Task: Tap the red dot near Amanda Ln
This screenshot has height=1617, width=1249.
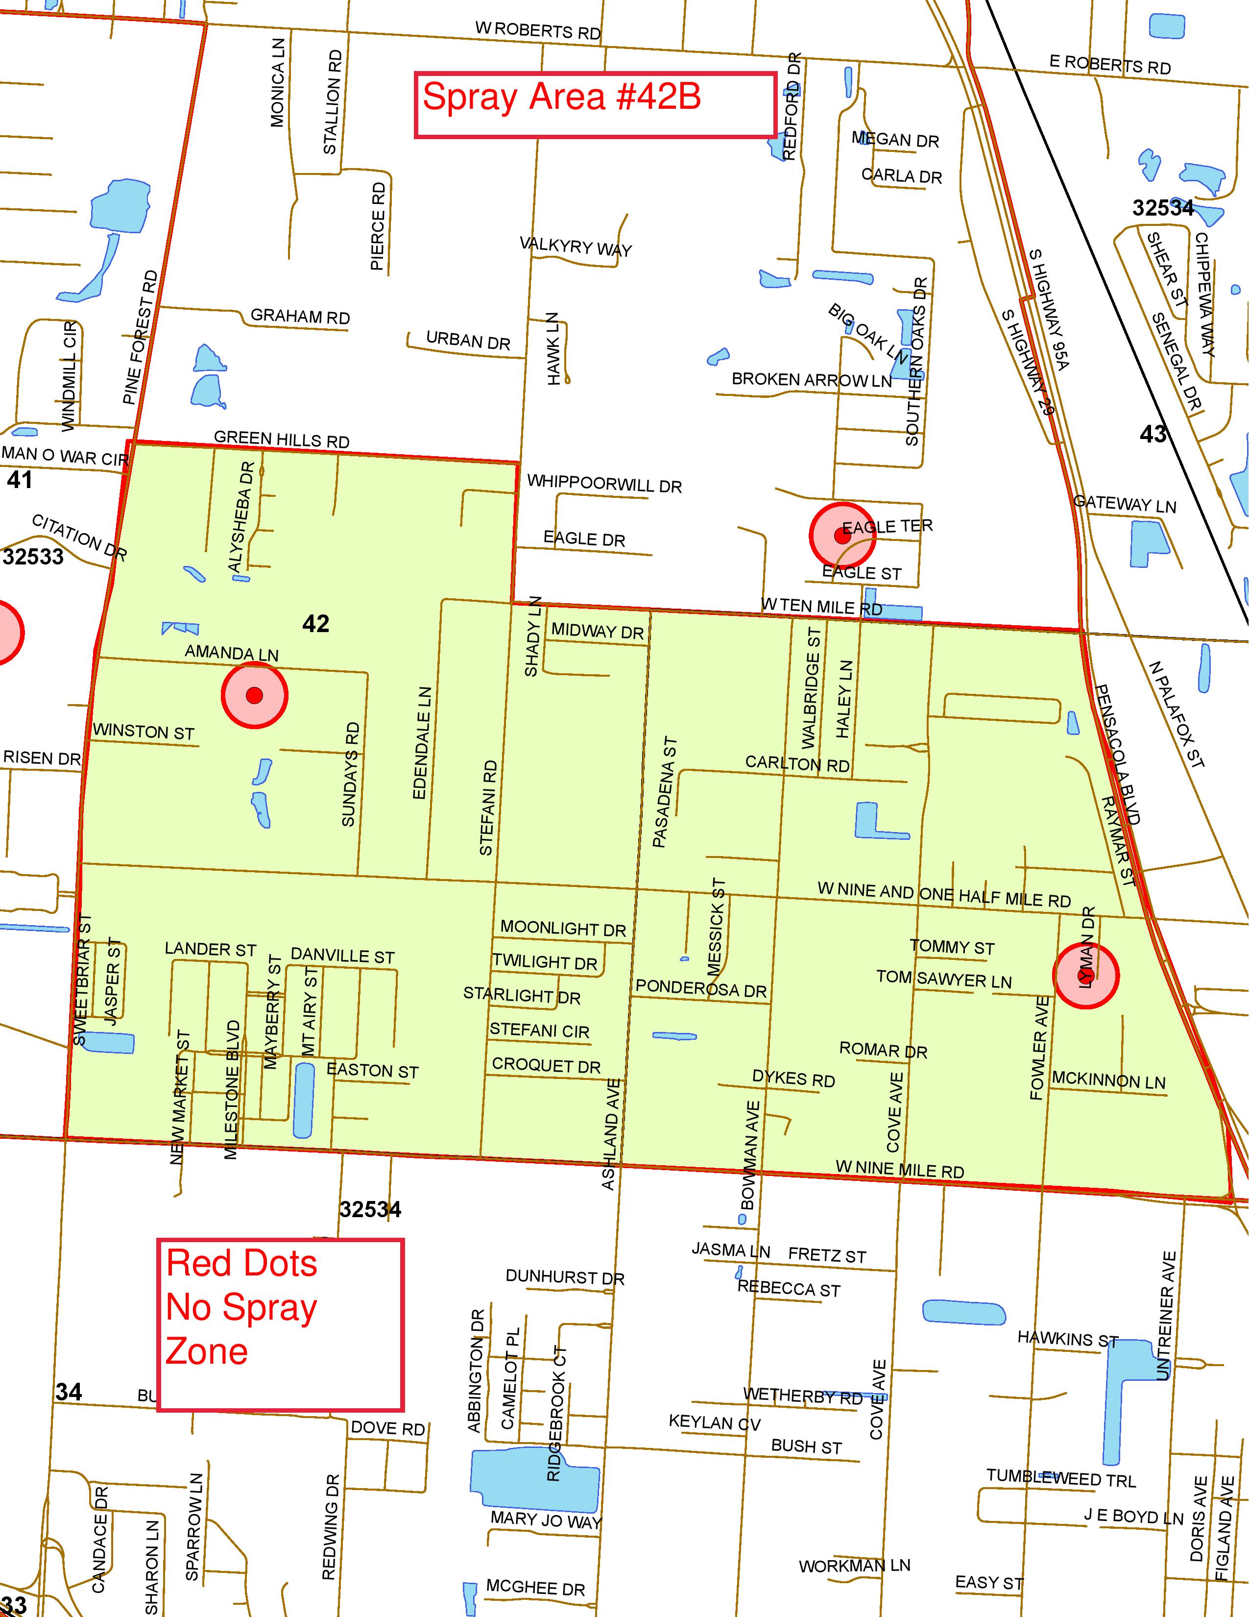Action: click(255, 695)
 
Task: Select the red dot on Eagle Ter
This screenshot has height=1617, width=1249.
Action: click(841, 535)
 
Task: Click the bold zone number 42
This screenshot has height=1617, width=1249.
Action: click(316, 624)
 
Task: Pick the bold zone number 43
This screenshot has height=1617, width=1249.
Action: click(1153, 434)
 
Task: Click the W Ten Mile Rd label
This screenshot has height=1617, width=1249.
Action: click(821, 607)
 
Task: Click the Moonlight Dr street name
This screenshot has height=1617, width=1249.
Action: click(563, 929)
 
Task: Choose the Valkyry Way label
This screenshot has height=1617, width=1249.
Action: click(576, 246)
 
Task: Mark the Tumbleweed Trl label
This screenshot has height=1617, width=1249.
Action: click(1060, 1478)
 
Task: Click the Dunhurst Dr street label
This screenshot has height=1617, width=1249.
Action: click(565, 1276)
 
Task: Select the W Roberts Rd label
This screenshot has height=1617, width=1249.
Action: click(538, 31)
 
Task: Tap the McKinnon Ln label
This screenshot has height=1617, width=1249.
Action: click(1108, 1080)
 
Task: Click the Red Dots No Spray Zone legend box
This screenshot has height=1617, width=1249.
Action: click(281, 1324)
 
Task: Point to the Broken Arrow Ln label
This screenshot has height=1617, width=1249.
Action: click(812, 380)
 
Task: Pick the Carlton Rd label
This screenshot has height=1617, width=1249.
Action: click(797, 763)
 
